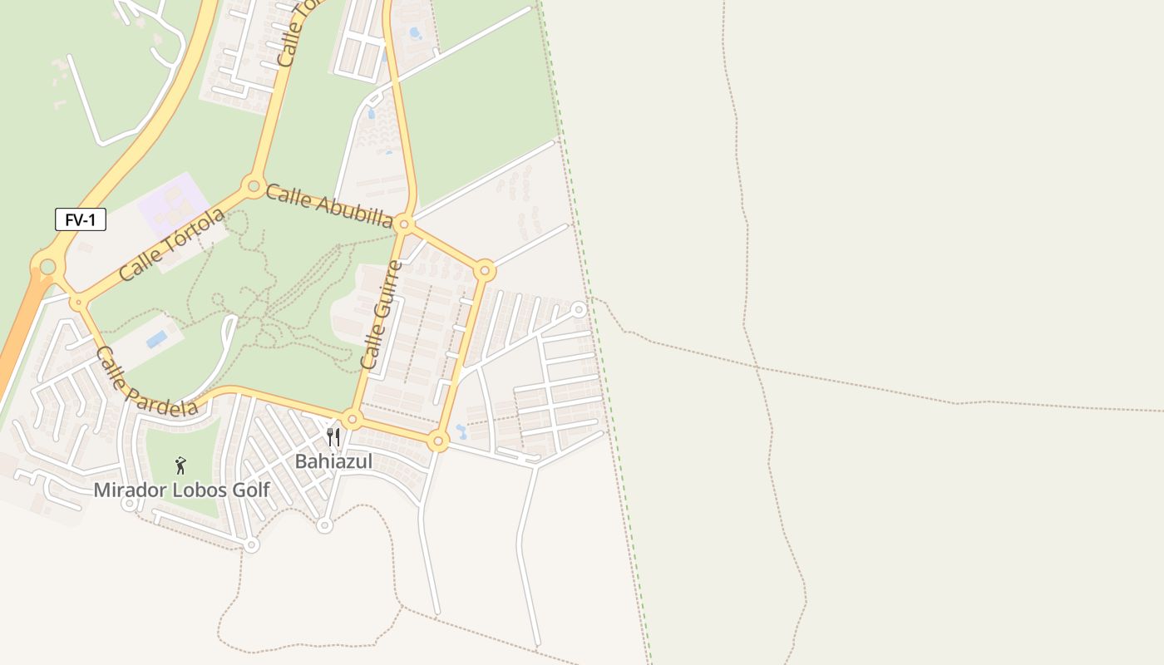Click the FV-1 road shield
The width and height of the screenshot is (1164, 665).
81,220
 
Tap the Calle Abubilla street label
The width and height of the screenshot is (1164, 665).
328,205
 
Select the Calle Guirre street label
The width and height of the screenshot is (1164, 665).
382,315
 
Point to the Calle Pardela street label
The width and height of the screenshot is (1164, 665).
146,382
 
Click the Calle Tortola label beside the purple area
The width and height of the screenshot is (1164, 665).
172,244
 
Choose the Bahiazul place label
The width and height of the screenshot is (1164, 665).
333,461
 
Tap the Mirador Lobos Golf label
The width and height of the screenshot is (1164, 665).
181,490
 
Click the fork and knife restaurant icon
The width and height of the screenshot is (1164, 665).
333,437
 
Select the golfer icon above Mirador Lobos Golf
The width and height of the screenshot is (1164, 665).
180,465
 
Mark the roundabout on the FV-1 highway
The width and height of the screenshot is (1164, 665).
47,267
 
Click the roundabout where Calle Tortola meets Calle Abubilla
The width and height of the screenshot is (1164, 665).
253,185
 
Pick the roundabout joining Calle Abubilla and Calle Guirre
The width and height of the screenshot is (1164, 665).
404,224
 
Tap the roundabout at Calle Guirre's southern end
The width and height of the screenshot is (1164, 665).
352,420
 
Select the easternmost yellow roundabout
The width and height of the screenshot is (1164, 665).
486,270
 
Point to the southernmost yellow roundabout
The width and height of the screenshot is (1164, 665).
438,441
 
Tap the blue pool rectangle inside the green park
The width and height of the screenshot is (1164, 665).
156,339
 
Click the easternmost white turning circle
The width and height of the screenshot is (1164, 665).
579,310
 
